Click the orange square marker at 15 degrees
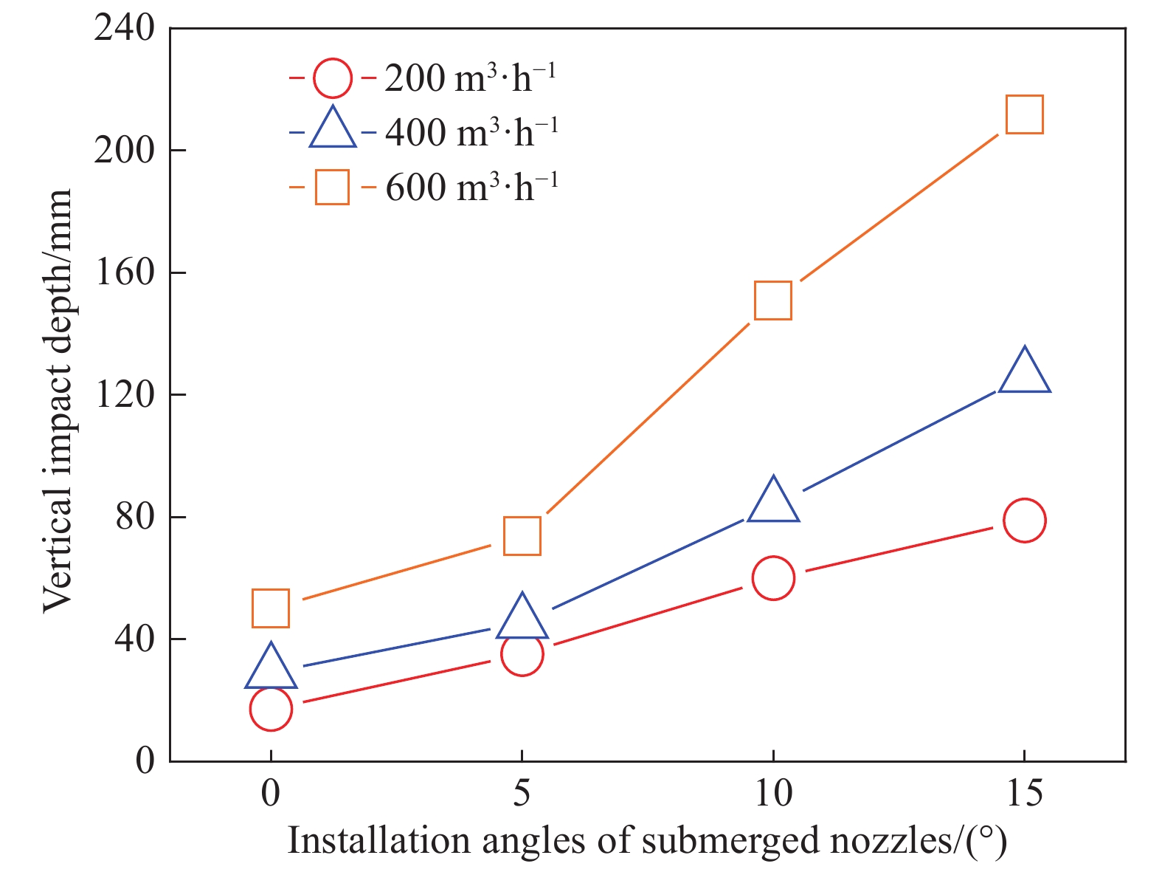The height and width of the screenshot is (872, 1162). tap(1024, 114)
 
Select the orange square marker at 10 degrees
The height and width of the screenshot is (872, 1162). tap(773, 300)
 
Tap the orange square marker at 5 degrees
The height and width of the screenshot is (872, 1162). tap(522, 535)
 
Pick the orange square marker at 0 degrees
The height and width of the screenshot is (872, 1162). tap(271, 608)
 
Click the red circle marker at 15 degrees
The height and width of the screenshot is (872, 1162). tap(1024, 520)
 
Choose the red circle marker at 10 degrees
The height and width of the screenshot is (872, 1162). tap(773, 577)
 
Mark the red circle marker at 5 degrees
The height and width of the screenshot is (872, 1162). tap(522, 654)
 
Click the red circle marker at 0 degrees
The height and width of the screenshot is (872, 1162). tap(271, 709)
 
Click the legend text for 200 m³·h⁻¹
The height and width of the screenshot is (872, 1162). tap(470, 78)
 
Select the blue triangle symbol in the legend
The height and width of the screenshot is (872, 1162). tap(333, 131)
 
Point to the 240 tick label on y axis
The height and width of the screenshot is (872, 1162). tap(125, 30)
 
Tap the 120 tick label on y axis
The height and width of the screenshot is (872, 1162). tap(125, 395)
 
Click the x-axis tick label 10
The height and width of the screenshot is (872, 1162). tap(773, 794)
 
